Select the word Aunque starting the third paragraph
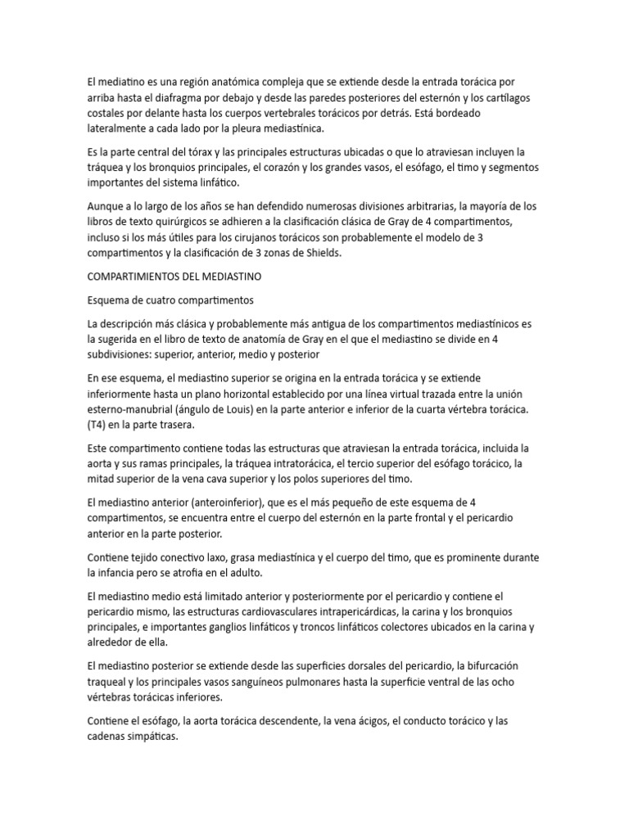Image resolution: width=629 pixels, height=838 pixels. (106, 206)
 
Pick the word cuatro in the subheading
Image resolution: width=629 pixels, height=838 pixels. (167, 300)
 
